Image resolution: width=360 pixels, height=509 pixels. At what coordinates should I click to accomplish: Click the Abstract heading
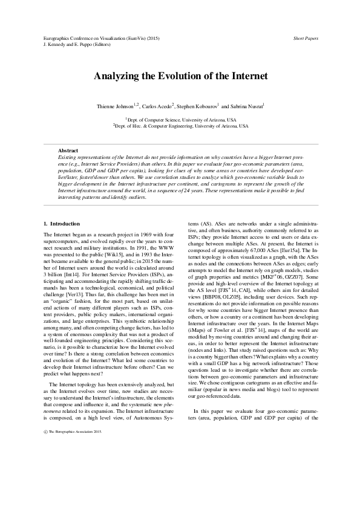point(68,150)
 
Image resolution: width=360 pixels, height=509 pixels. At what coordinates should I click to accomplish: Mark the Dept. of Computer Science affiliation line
point(180,120)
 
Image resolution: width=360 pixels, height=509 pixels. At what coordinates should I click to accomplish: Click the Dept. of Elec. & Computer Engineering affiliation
point(180,126)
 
